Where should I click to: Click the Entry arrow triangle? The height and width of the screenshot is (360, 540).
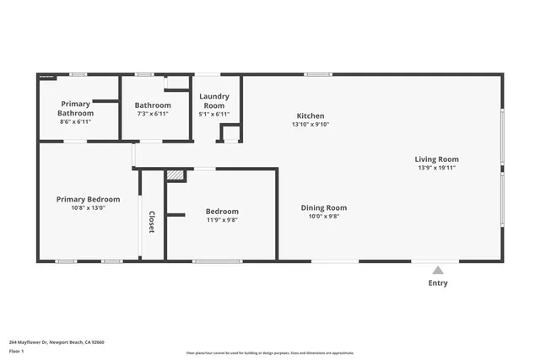(x=437, y=271)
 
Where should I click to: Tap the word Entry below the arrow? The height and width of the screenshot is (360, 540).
(x=438, y=283)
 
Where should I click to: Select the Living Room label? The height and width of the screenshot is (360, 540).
(x=436, y=159)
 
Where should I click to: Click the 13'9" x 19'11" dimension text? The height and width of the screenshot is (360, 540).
(x=436, y=167)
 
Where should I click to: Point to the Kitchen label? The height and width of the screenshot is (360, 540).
(x=310, y=116)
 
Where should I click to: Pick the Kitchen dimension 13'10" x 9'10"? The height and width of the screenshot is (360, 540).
(x=310, y=125)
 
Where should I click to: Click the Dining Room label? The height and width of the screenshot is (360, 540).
(x=324, y=207)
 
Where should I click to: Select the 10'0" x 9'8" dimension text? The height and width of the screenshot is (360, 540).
(x=324, y=217)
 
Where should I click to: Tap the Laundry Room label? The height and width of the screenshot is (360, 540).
(x=213, y=101)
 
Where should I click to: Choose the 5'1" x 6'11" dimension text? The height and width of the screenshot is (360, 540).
(x=213, y=115)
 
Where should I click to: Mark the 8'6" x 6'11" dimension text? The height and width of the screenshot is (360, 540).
(x=75, y=122)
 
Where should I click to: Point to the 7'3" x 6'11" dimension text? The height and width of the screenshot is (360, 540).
(x=153, y=114)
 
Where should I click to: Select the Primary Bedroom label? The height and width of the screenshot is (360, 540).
(x=88, y=200)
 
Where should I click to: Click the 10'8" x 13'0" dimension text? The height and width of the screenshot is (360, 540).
(x=88, y=208)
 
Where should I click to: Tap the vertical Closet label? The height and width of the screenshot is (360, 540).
(x=152, y=220)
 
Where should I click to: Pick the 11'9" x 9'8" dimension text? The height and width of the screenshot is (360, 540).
(x=222, y=220)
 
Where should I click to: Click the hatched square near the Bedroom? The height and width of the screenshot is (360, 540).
(x=175, y=175)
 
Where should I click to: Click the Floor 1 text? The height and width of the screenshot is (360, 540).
(x=17, y=351)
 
